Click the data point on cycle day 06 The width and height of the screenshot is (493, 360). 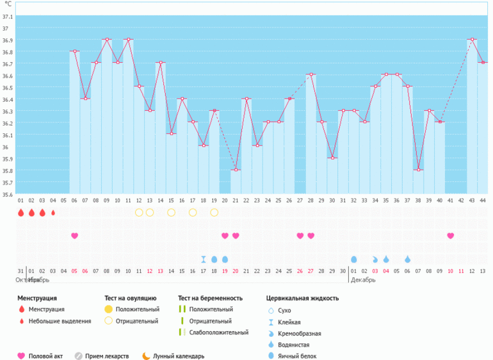(x=75, y=51)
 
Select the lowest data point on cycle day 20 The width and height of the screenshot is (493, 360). (x=236, y=170)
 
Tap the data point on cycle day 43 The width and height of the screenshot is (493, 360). (x=472, y=39)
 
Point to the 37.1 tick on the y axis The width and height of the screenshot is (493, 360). (x=6, y=28)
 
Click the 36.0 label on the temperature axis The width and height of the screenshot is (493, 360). (x=6, y=147)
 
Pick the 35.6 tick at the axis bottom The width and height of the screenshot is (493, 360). (x=6, y=194)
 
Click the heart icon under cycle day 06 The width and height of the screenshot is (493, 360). (x=74, y=236)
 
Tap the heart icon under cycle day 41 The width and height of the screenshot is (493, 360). (x=451, y=236)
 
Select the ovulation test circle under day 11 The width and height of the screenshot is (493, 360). (x=139, y=212)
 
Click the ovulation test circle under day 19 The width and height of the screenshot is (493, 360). (x=214, y=212)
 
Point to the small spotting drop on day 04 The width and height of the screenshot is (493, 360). (x=53, y=213)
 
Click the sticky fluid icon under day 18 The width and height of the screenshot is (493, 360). (x=204, y=259)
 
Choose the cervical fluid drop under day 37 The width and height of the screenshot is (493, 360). (x=407, y=259)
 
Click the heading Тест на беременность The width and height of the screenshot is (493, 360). (x=210, y=298)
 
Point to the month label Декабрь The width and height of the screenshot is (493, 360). (x=364, y=280)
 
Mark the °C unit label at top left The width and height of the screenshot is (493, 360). (x=8, y=4)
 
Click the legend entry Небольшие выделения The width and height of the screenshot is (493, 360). (x=58, y=321)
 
